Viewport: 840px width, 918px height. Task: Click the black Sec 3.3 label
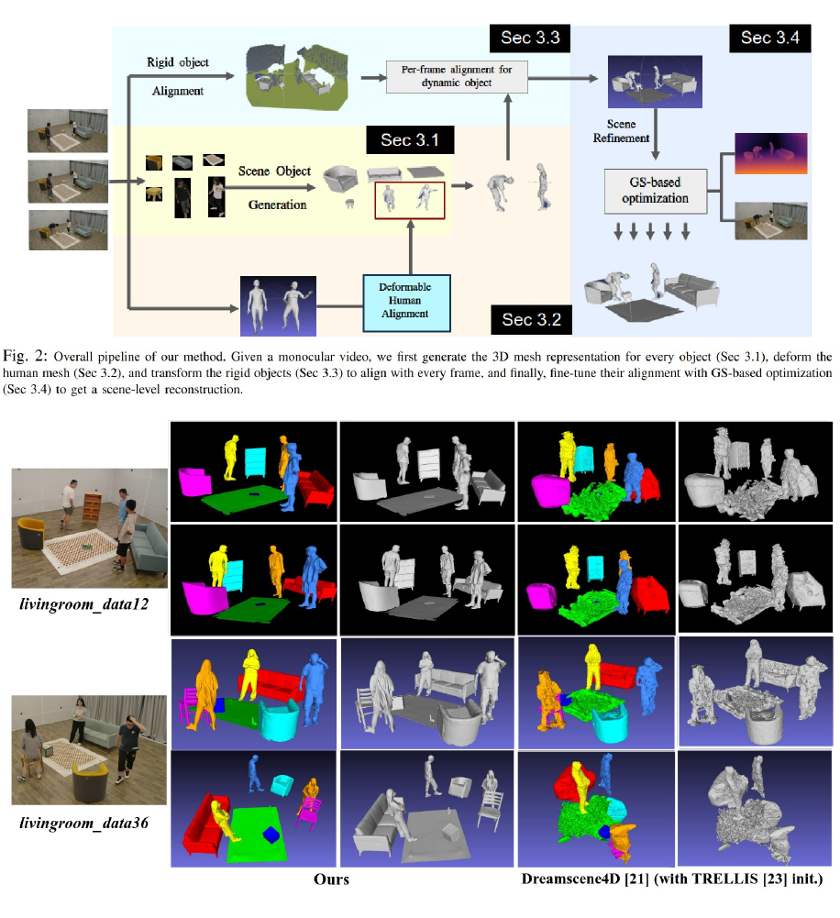[x=530, y=39]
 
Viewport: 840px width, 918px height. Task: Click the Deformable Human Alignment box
[x=406, y=299]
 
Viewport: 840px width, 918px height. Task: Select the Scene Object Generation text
[x=275, y=188]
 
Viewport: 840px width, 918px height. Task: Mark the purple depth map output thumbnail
[x=769, y=153]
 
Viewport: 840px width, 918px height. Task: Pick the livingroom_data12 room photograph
[x=89, y=527]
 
